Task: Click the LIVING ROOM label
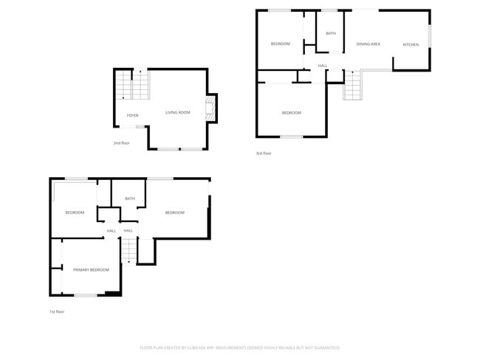178,113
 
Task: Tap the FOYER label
132,116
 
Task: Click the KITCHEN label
411,45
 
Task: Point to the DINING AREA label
368,44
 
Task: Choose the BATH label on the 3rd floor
331,33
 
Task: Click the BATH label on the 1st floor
130,198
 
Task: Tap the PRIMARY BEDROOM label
91,270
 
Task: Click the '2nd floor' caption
121,143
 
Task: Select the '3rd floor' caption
264,153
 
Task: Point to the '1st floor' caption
57,312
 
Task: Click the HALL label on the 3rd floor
323,66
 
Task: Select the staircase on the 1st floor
128,251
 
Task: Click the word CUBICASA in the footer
195,347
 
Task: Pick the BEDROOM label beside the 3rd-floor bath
281,44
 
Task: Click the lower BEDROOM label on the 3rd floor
292,113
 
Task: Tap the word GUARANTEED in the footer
325,347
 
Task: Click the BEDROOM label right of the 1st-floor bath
174,213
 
